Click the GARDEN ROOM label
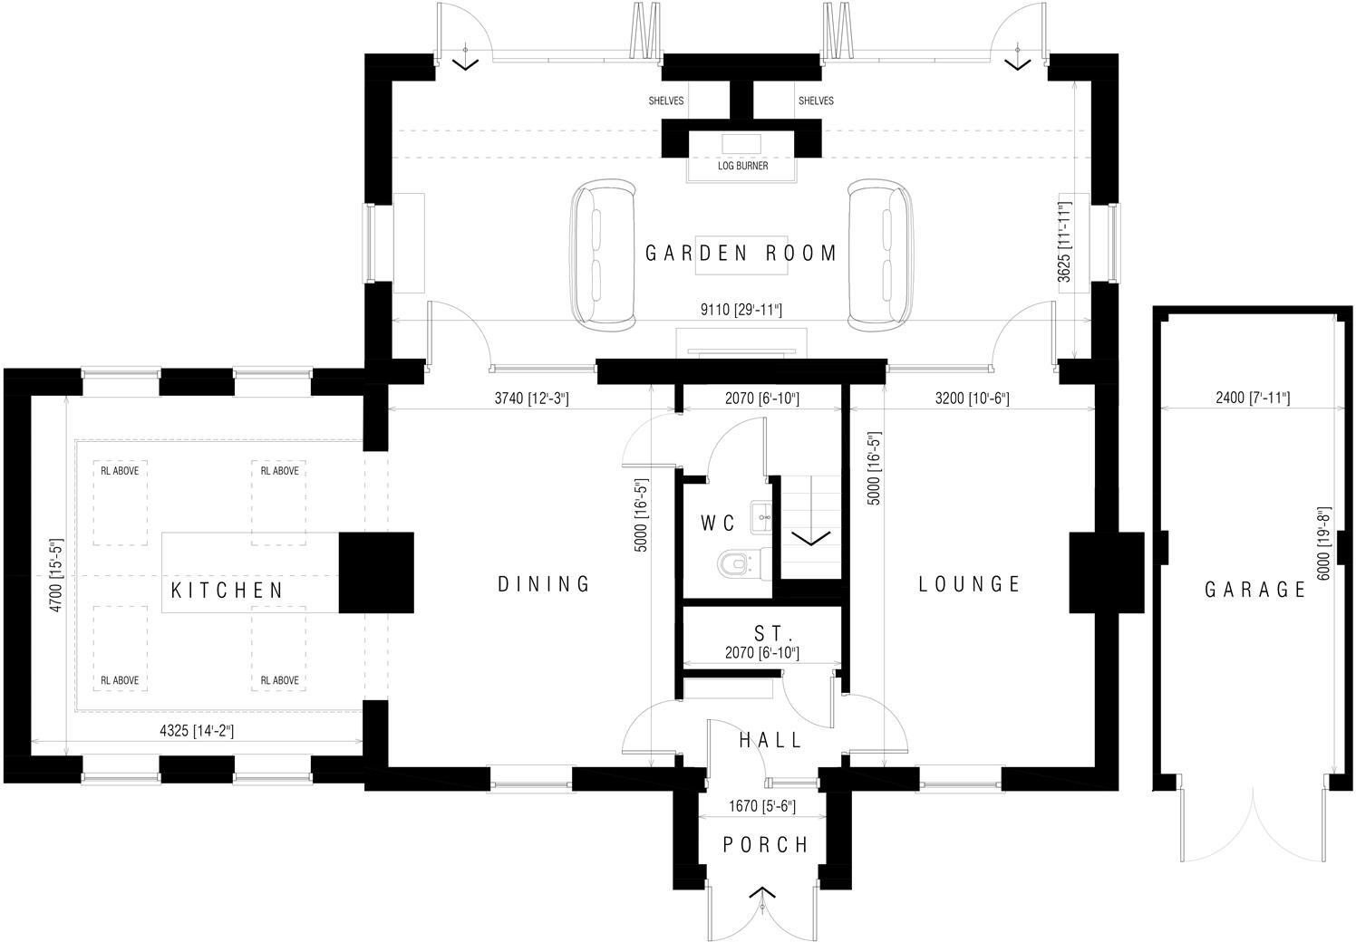coord(741,253)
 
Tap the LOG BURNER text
coord(742,166)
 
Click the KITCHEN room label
coord(228,591)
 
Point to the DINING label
coord(544,584)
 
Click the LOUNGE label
coord(970,584)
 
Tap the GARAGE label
coord(1255,591)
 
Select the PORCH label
coord(766,845)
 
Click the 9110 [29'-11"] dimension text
coord(741,311)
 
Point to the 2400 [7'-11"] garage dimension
coord(1253,398)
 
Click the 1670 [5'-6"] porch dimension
coord(762,805)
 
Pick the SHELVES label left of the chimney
coord(665,101)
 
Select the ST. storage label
coord(773,632)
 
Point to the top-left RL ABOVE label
coord(120,471)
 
